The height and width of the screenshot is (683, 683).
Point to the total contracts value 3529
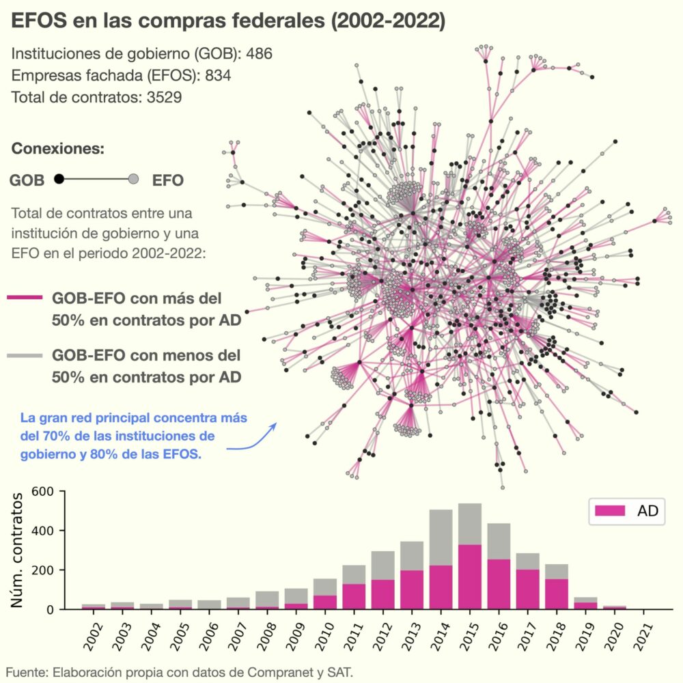pos(164,97)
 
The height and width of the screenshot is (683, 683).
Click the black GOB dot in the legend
pos(59,179)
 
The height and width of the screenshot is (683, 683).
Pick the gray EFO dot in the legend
pos(134,179)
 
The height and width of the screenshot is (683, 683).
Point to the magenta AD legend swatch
pos(610,511)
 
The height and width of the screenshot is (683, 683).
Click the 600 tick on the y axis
pos(42,492)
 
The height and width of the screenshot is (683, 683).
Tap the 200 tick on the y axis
pos(42,570)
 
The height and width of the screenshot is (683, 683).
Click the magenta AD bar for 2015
pos(470,577)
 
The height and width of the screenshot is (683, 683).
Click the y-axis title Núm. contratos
pos(18,550)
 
